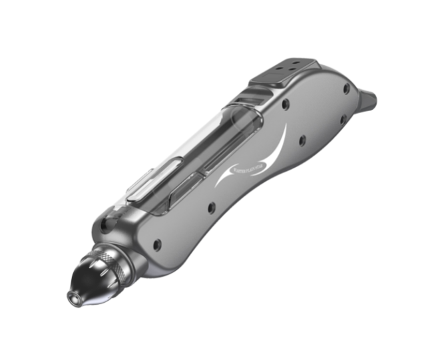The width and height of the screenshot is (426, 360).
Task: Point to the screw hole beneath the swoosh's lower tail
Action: pyautogui.click(x=211, y=208)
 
